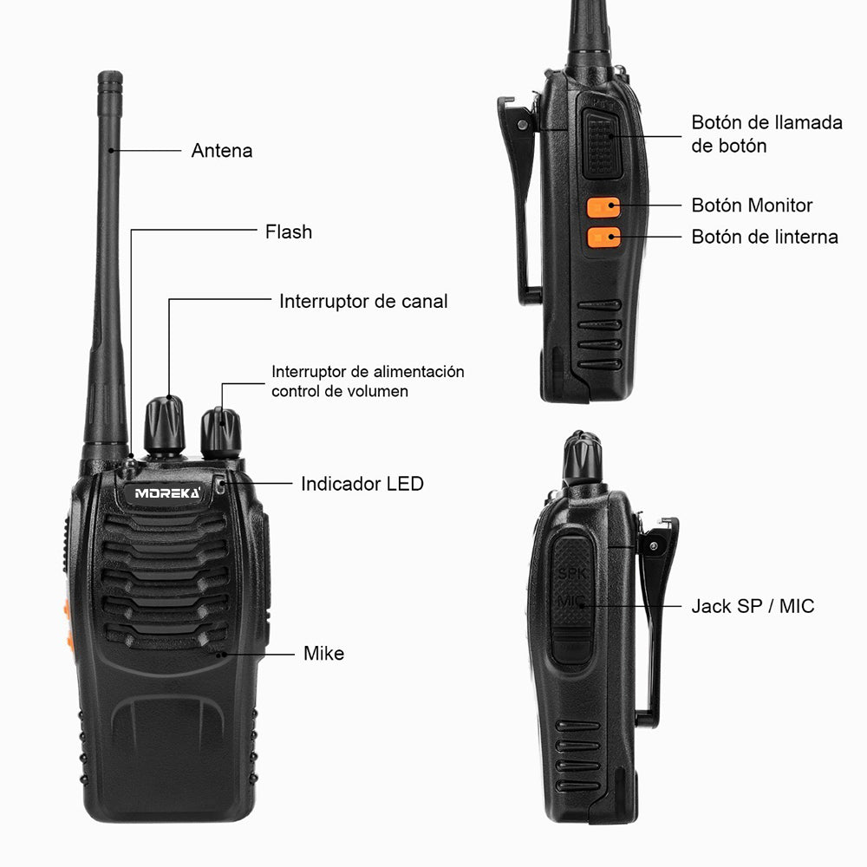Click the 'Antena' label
point(222,151)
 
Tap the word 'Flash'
point(289,232)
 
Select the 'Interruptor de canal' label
point(363,302)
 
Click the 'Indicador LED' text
point(362,484)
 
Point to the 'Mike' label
point(323,654)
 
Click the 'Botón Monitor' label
point(752,205)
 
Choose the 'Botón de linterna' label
point(765,237)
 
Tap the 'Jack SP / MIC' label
point(753,606)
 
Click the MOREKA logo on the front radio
point(167,493)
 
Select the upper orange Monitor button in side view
point(603,208)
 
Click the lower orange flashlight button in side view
point(603,237)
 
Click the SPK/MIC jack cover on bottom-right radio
point(572,598)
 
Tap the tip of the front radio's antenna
point(110,81)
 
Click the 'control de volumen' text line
point(340,391)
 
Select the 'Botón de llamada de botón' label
point(766,134)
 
